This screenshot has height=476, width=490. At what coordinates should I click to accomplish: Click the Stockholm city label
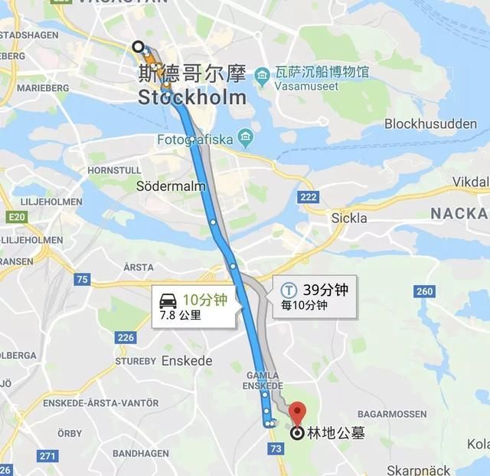pos(192,97)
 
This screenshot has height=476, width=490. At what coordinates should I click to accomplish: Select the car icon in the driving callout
pos(168,300)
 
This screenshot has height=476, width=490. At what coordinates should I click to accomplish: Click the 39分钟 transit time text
pos(325,290)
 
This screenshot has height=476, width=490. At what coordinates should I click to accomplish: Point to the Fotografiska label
pos(195,140)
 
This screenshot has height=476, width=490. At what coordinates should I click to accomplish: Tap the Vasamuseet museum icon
pos(262,74)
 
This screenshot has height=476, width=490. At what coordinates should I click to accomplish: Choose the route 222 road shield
pos(308,198)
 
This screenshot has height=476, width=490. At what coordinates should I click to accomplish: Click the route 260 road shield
pos(424,291)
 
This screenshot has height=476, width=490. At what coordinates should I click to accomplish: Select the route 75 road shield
pos(81,280)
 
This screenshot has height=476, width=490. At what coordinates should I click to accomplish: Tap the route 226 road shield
pos(126,337)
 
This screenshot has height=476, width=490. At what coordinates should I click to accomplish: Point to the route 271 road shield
pos(47,456)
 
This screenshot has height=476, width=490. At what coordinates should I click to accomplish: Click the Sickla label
pos(349,218)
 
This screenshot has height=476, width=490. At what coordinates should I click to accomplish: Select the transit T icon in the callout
pos(289,291)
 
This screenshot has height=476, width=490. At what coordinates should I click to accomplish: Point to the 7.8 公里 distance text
pos(180,314)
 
